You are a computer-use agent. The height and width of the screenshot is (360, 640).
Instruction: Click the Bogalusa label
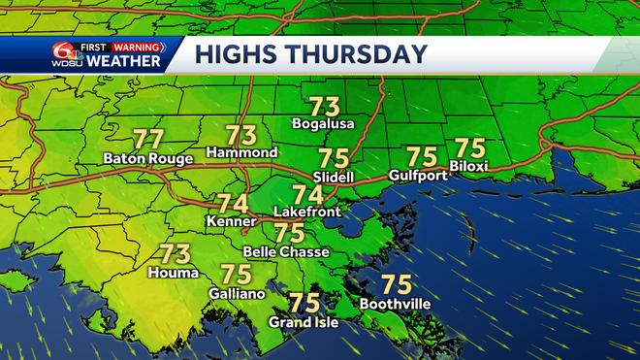(324, 124)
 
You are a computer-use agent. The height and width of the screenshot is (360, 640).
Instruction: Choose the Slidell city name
(334, 177)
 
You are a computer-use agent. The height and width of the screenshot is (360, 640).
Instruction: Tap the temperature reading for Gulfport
(422, 157)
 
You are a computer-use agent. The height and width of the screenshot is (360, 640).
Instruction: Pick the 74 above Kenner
(232, 205)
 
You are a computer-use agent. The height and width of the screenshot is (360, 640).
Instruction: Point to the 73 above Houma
(175, 255)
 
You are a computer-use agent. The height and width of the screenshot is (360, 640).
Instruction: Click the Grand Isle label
(304, 322)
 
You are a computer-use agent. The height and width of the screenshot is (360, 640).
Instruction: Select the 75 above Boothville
(397, 285)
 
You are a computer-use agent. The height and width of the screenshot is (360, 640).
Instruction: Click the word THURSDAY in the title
(359, 55)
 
